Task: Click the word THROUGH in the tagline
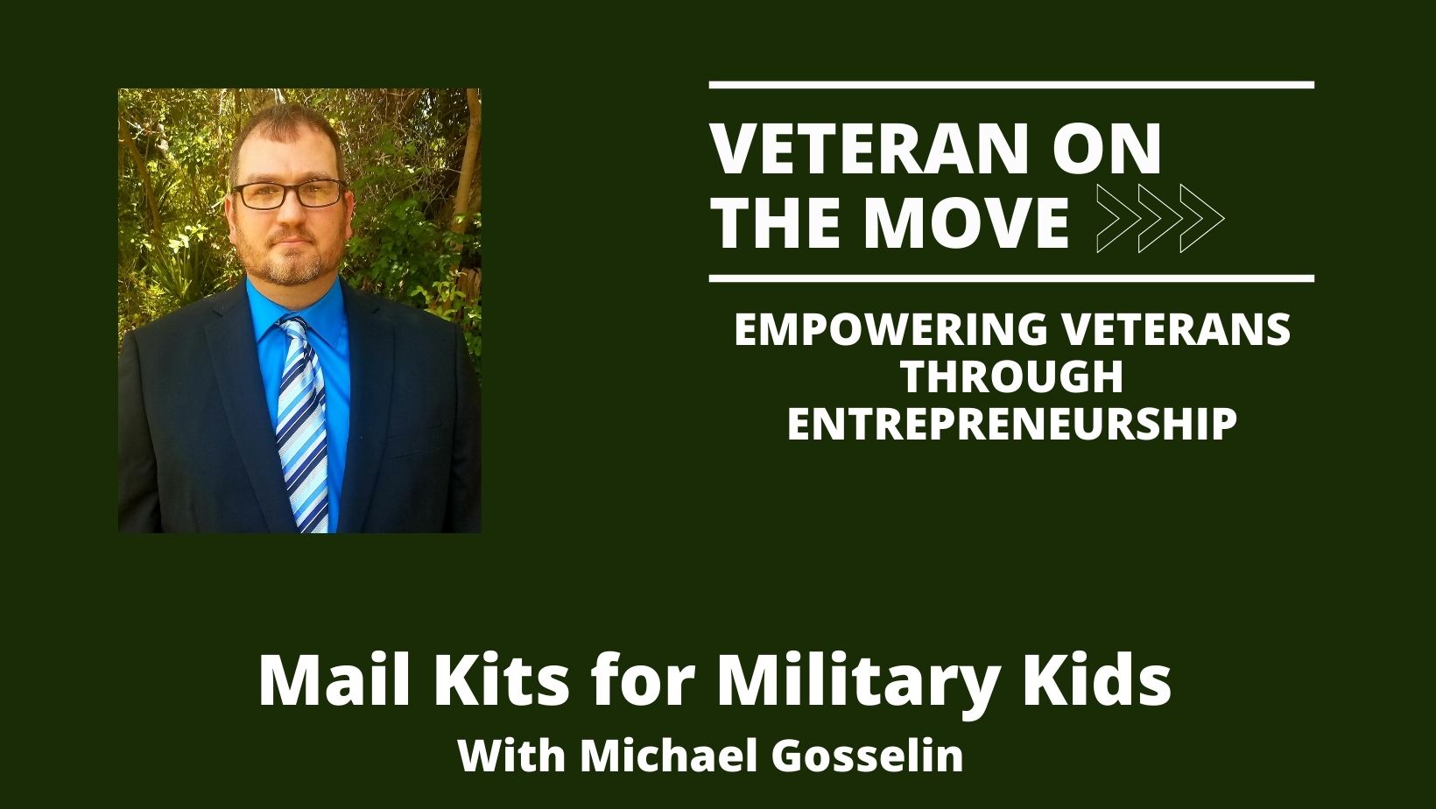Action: [1012, 377]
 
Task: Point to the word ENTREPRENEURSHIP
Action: [1012, 424]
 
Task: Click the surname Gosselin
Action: [868, 756]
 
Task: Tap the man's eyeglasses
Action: [290, 193]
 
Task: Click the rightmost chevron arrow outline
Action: [1202, 219]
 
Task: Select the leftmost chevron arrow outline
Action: [1119, 219]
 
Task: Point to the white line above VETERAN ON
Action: [1011, 85]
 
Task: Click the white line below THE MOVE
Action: [1011, 278]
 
